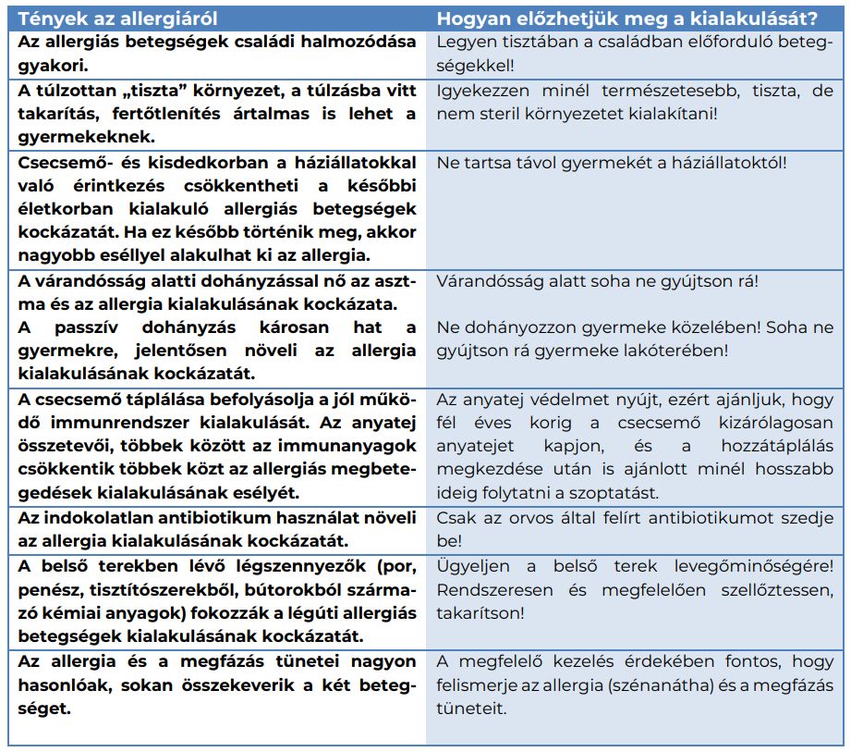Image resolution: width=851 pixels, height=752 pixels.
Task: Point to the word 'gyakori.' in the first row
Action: coord(49,67)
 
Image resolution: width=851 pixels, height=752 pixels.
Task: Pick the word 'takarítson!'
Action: coord(481,612)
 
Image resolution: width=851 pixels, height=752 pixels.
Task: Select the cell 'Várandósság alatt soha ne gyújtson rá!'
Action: coord(601,281)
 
